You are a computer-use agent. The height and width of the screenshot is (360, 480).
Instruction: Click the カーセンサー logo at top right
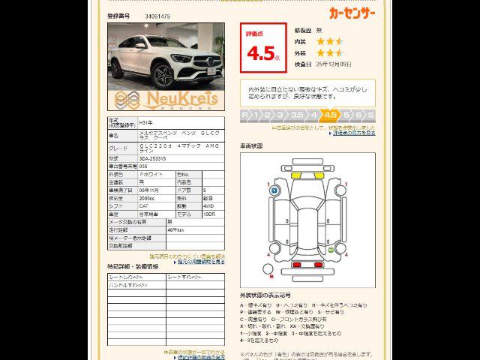352,12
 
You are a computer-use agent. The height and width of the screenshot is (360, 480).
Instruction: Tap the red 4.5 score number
261,53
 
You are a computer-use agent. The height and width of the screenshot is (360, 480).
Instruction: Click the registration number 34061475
157,16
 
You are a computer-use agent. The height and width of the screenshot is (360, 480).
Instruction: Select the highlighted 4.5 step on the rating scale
330,115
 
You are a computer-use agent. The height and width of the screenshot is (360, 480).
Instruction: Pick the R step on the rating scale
245,115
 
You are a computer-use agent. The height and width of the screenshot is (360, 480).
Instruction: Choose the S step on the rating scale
370,115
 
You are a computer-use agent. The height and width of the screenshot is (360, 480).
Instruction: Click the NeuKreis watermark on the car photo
166,99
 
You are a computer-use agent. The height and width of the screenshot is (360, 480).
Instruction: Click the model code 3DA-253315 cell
157,159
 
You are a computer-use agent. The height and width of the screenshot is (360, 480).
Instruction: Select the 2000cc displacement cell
150,197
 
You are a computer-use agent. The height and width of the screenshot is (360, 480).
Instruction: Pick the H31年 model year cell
147,122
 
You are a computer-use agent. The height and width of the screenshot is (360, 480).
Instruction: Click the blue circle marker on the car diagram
275,191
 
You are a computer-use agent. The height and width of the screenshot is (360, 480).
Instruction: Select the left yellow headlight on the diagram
295,175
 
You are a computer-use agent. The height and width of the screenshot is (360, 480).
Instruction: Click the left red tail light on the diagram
295,264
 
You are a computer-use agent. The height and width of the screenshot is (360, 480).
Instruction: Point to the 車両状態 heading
251,145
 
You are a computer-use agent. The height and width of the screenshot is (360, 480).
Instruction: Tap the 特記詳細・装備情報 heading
133,266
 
